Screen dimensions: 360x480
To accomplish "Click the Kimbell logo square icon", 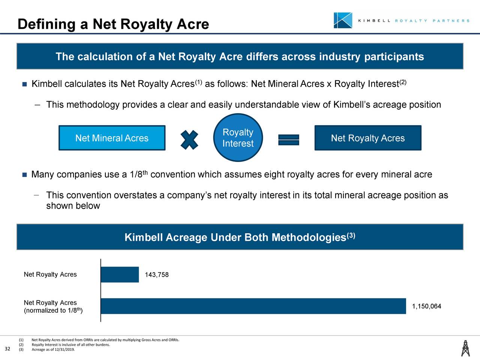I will (343, 20).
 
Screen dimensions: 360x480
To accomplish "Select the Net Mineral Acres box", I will (112, 138).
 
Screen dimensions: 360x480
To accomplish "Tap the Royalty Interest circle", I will (238, 138).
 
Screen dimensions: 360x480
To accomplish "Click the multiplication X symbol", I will (189, 140).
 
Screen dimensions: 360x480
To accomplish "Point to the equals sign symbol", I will (288, 140).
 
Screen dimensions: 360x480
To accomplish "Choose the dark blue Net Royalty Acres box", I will (367, 138).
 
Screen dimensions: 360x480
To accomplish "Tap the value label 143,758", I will (157, 275).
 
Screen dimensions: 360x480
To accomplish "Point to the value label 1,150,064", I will (426, 306).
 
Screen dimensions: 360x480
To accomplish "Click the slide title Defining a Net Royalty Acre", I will (113, 24).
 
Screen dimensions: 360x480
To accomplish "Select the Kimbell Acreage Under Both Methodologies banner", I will (240, 237).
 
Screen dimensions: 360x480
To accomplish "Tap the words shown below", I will (73, 206).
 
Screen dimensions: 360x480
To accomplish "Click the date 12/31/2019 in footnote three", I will (64, 350).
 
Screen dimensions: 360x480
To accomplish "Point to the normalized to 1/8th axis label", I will (53, 310).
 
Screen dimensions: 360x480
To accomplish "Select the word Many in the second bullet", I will (43, 175).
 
